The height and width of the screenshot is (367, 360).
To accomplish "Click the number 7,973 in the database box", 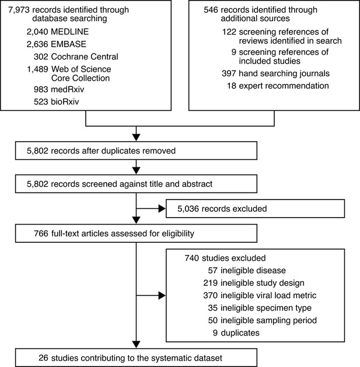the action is pos(19,10).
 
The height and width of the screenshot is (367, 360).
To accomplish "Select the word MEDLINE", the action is pos(70,32).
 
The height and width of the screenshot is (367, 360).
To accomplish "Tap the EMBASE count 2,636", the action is pos(37,44).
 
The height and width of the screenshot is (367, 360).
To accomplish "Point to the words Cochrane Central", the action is pos(85,57).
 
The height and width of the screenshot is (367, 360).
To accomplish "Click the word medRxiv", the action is pos(68,89).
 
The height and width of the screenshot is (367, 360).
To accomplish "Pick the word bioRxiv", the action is pos(65,102).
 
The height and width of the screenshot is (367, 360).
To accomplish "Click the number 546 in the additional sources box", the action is pos(211,10).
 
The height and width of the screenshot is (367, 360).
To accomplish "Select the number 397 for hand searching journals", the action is pos(229,74).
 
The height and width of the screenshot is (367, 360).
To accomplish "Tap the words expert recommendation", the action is pos(284,86).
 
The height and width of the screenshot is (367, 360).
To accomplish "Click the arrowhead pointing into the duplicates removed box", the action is pos(136,137).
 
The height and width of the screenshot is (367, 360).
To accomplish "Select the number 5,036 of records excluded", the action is pos(188,208).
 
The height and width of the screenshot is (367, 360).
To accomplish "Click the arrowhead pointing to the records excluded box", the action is pos(162,208).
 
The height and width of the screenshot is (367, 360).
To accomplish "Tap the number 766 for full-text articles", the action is pos(41,233).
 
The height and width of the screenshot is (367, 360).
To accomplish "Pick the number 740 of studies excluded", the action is pos(192,258).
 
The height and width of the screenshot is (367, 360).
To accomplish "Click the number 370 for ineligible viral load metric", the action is pos(211,295).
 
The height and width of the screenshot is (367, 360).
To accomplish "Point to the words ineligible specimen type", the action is pos(266,308).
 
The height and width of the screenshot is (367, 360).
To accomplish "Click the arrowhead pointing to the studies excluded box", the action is pos(162,295).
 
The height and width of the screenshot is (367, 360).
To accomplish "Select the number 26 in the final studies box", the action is pos(43,358).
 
